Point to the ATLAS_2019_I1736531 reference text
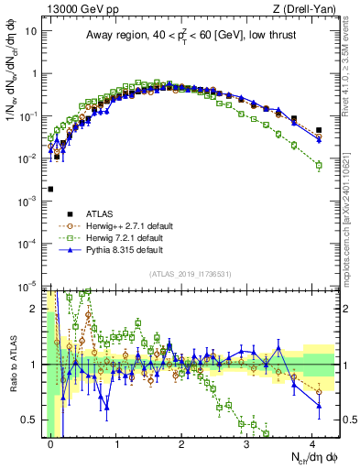[x=183, y=274]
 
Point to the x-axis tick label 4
[x=312, y=443]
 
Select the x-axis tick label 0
[x=51, y=443]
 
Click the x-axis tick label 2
[x=182, y=443]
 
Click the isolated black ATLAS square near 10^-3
[x=50, y=190]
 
